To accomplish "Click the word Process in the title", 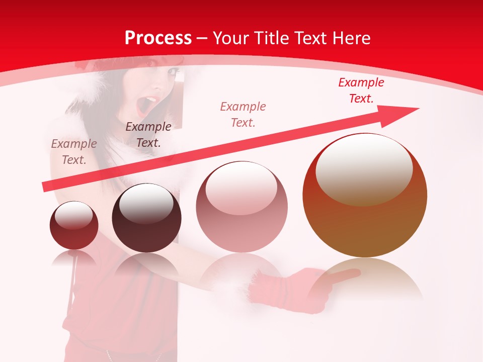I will tap(158, 38).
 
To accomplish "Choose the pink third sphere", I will tap(242, 207).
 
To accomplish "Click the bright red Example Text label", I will tap(361, 90).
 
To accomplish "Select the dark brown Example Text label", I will tap(148, 135).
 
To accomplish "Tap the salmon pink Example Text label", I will tap(243, 114).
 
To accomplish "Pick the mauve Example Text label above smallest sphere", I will tap(74, 152).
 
